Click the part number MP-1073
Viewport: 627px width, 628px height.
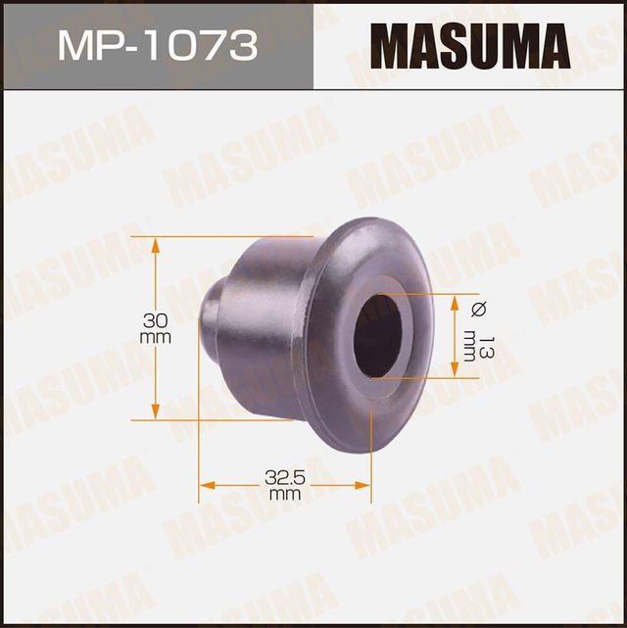[x=157, y=45]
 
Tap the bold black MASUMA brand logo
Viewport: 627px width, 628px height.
[x=470, y=45]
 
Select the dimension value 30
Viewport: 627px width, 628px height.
[x=156, y=320]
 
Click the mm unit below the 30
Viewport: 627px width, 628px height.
[x=156, y=337]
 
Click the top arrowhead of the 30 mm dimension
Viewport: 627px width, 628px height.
[x=155, y=243]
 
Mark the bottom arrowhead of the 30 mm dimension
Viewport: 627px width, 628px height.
[x=155, y=411]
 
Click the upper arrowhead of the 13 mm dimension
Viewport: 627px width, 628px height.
[x=455, y=300]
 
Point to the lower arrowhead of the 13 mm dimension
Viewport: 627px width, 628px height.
[x=455, y=369]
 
